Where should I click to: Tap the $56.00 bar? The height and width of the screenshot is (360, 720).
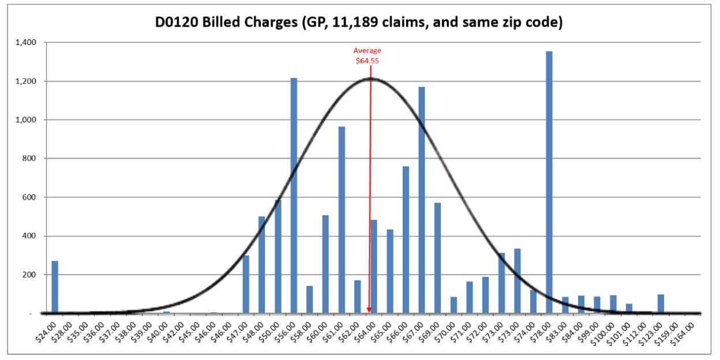click(x=294, y=196)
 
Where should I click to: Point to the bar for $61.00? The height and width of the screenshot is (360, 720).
click(x=342, y=220)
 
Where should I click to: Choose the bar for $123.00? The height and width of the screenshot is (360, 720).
click(x=661, y=303)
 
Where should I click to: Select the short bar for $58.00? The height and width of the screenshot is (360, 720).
click(x=310, y=299)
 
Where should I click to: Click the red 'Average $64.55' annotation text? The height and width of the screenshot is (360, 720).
click(x=367, y=55)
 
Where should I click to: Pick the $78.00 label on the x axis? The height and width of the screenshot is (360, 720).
click(x=540, y=332)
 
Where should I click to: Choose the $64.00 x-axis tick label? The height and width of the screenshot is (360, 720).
click(x=364, y=332)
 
